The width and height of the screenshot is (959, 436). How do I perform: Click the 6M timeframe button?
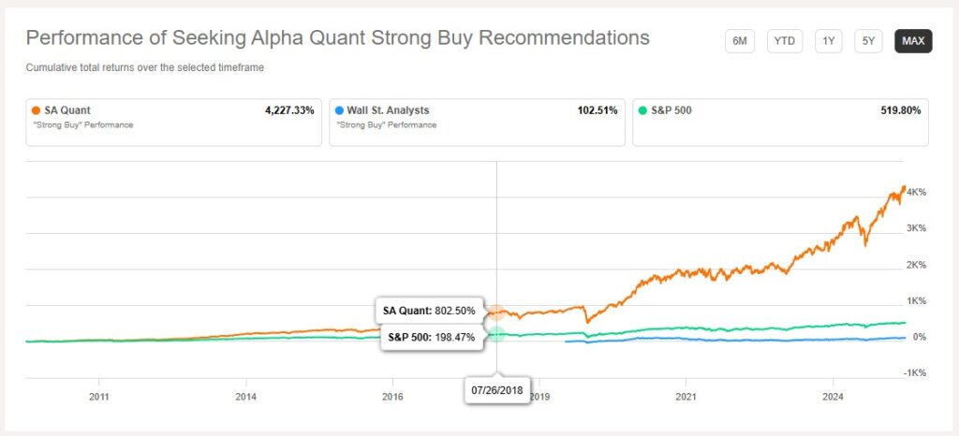coord(739,42)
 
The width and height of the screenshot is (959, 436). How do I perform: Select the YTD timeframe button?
coord(785,42)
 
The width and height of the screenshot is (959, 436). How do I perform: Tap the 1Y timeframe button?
coord(829,42)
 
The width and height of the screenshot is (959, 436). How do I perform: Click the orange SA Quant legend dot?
coord(35,110)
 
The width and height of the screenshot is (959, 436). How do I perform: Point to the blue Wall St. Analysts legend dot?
coord(339,110)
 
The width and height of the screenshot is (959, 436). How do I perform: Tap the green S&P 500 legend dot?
coord(642,110)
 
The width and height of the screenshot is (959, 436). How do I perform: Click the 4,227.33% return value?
coord(289,110)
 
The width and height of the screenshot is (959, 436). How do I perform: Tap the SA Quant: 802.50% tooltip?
coord(430,310)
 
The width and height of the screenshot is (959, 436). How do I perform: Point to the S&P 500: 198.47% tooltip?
coord(430,336)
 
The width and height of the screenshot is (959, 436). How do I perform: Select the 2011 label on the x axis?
coord(99,396)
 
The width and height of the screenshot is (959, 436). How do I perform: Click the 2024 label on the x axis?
coord(833,396)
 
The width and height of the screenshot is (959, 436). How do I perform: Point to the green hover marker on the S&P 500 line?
coord(497,333)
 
